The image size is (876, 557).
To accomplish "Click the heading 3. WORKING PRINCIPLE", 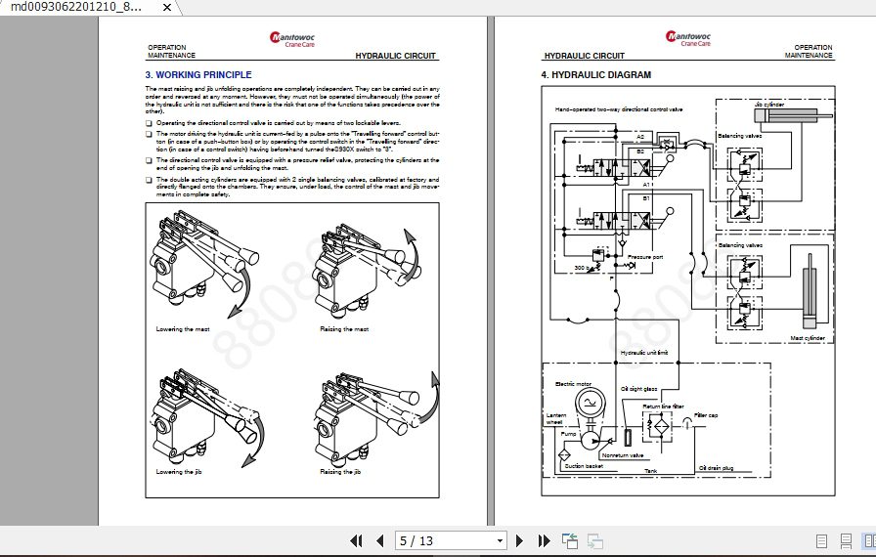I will tap(198, 75).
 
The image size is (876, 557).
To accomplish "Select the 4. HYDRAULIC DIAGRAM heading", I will tap(595, 75).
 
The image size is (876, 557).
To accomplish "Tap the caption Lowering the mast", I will tap(183, 329).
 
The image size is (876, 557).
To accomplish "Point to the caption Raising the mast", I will tap(344, 329).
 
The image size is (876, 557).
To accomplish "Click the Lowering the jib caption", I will tap(179, 472).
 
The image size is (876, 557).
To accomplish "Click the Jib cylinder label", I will tap(768, 103).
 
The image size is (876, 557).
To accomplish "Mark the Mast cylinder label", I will tap(808, 338).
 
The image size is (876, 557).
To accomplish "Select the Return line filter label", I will tap(663, 406).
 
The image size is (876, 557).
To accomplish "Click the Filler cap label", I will tap(706, 415).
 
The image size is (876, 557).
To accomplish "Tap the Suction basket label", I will tap(584, 466).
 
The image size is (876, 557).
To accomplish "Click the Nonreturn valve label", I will tap(622, 455).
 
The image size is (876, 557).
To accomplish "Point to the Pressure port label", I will tap(645, 257).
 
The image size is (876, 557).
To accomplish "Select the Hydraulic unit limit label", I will tap(644, 352).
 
